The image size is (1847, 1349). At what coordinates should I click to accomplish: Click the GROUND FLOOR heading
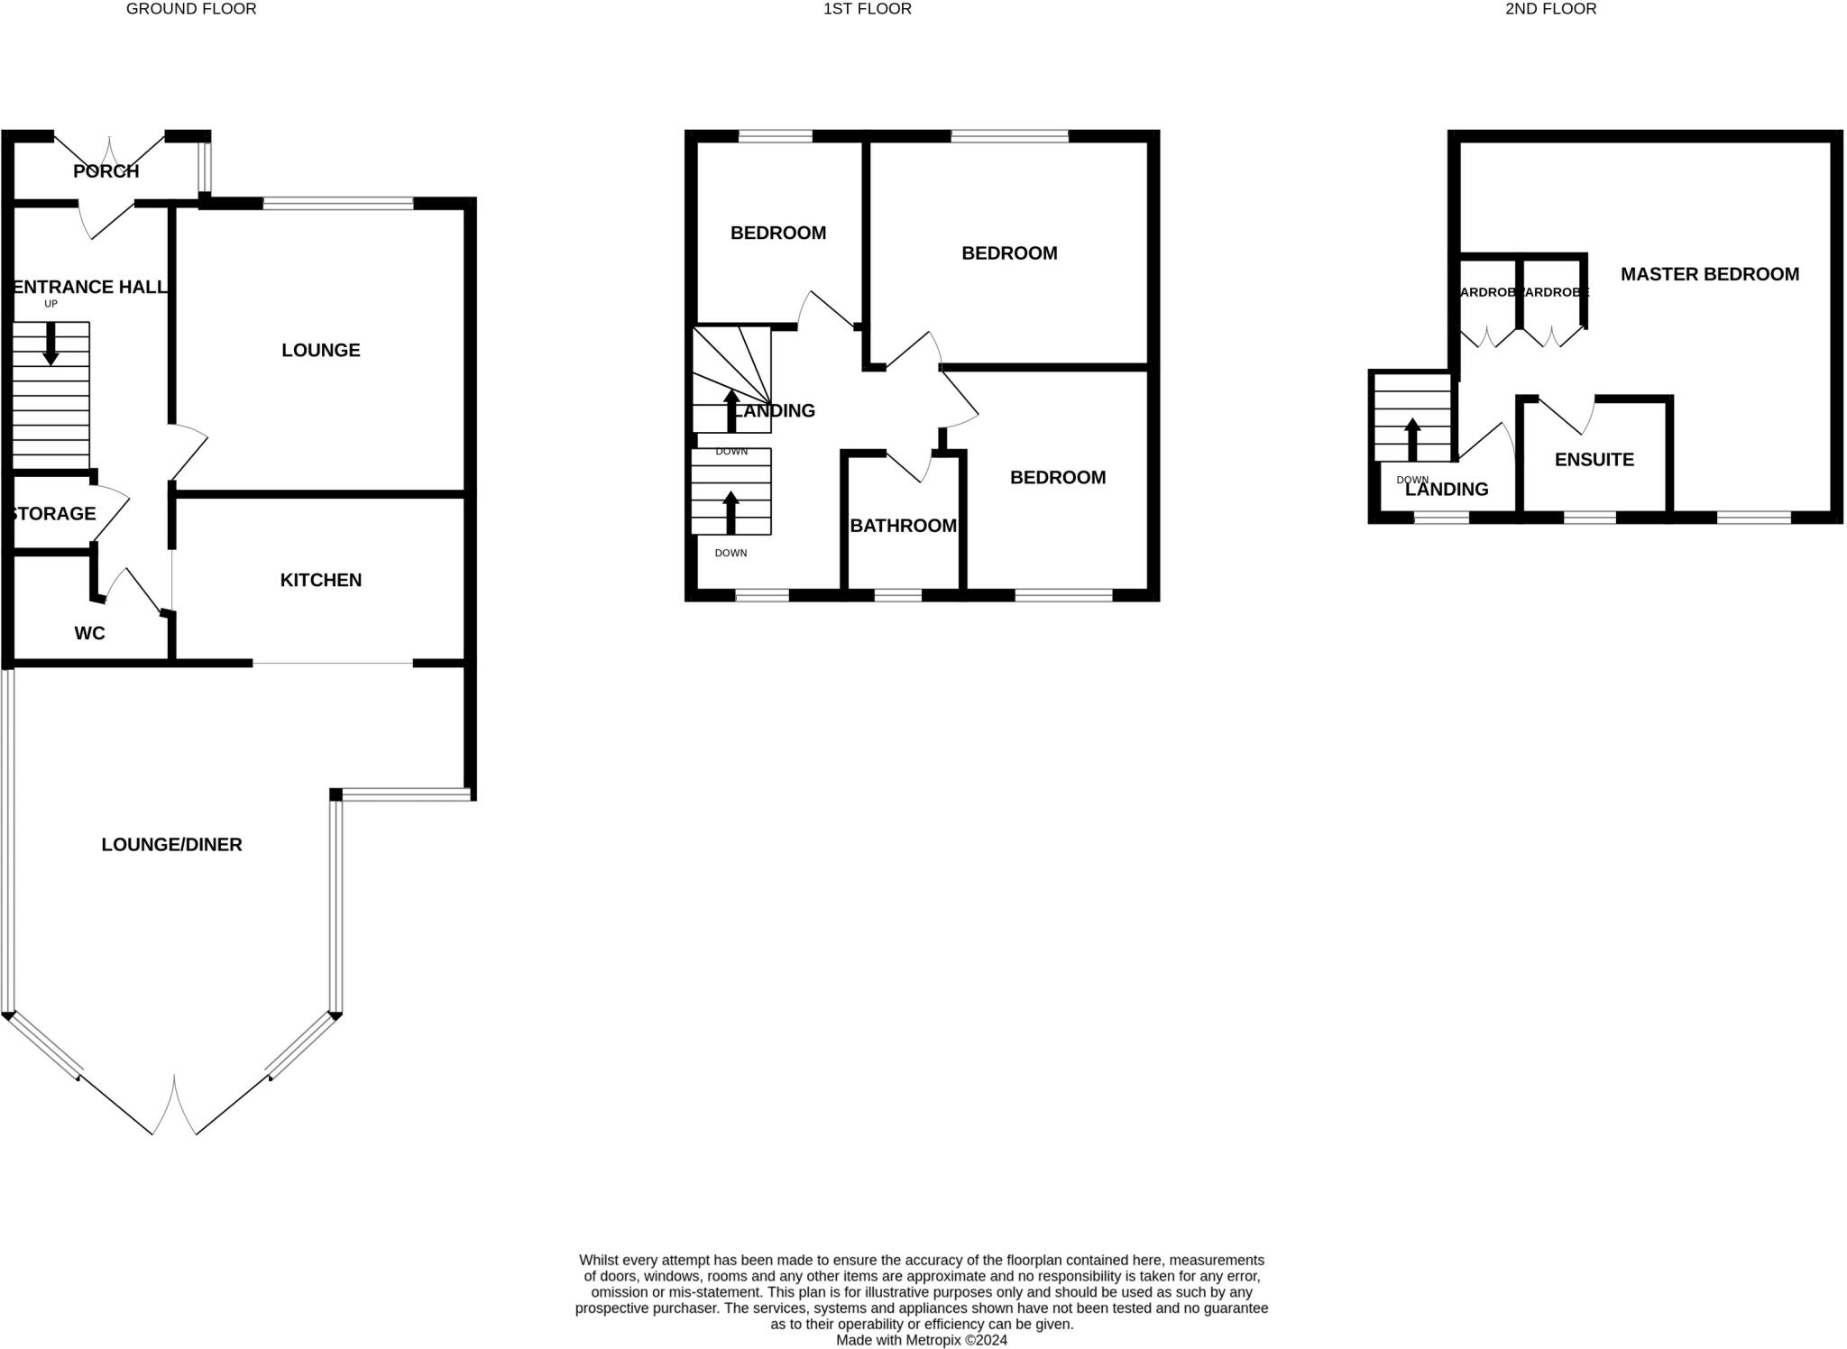(x=191, y=9)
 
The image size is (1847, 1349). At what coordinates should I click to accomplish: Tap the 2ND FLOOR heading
(x=1550, y=9)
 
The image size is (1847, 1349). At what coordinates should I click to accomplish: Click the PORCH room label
(x=106, y=171)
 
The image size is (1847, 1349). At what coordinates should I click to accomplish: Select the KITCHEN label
(x=321, y=580)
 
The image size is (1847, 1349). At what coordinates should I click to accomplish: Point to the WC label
(x=89, y=634)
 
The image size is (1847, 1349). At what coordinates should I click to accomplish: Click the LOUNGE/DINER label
(x=171, y=845)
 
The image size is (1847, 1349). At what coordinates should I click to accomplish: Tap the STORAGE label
(x=52, y=514)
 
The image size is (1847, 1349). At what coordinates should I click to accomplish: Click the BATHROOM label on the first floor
(x=903, y=526)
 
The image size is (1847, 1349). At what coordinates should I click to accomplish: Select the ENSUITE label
(x=1594, y=460)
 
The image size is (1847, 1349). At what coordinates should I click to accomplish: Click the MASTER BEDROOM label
(x=1709, y=274)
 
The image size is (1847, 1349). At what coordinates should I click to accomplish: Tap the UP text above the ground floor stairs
(x=51, y=304)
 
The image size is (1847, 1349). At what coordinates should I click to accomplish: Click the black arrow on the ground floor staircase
(x=51, y=344)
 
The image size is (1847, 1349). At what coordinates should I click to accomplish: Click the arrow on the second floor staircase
(x=1412, y=439)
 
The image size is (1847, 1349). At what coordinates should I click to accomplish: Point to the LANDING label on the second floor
(x=1446, y=490)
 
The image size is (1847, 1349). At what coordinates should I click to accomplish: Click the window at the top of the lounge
(x=338, y=204)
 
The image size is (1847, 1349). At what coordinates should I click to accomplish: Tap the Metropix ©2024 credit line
(x=921, y=1340)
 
